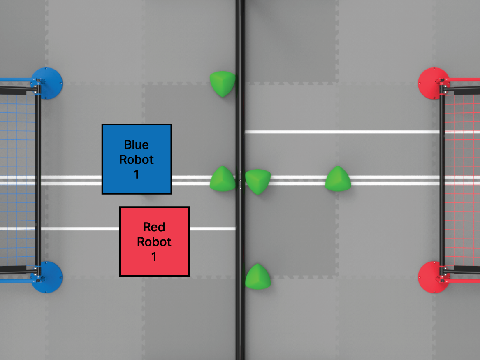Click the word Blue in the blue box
tap(137, 144)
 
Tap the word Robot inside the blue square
tap(137, 159)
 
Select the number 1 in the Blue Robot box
tap(137, 174)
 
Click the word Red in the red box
tap(154, 227)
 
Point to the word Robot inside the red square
tap(154, 242)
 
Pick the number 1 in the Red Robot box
tap(154, 257)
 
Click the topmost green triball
tap(223, 84)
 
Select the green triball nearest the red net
tap(338, 179)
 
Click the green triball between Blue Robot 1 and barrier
tap(223, 179)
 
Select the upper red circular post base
tap(433, 83)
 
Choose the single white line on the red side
tap(341, 132)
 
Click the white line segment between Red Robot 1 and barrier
tap(212, 229)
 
